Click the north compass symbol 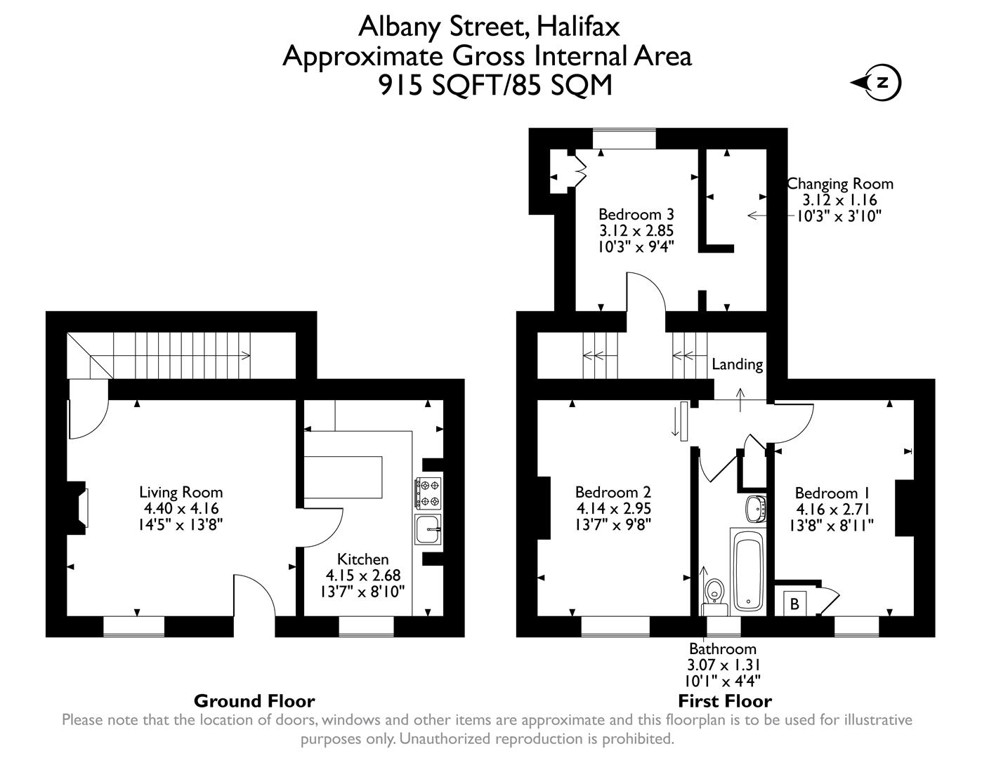tap(881, 83)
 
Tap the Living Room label tap(181, 492)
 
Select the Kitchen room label tap(363, 559)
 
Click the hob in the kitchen tap(428, 493)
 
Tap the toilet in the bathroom tap(715, 591)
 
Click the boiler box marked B tap(794, 603)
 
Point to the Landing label tap(737, 364)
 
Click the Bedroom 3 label tap(630, 214)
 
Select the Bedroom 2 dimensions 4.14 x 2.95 tap(613, 508)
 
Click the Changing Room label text tap(840, 184)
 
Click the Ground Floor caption tap(254, 700)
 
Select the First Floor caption tap(724, 700)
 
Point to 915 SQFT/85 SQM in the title tap(495, 85)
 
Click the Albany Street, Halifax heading tap(489, 27)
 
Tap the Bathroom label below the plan tap(722, 649)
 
